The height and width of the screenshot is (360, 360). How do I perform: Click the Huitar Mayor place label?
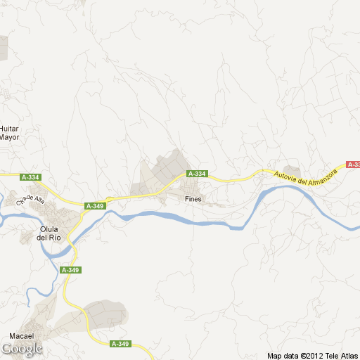coord(9,133)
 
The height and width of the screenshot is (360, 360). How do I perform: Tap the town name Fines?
coord(193,199)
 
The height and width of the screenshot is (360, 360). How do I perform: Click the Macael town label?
coord(21,336)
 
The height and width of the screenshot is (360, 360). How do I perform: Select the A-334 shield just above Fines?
coord(197,174)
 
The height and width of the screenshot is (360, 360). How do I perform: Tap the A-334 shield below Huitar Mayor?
coord(31,177)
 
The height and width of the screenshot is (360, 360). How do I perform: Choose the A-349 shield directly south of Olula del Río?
coord(70,270)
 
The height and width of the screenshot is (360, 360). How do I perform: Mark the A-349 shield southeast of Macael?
coord(120,344)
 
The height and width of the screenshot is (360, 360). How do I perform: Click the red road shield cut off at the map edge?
coord(353,165)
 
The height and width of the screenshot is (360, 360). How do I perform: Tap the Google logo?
coord(22,349)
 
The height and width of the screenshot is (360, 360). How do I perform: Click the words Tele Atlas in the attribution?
coord(342,356)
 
